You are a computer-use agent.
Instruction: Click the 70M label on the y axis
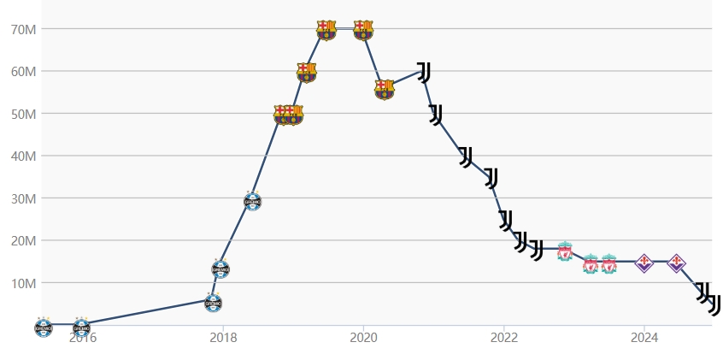tap(23, 29)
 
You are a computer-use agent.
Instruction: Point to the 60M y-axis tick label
tap(23, 71)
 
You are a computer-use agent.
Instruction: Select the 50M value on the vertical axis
tap(23, 114)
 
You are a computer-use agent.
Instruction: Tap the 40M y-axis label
tap(23, 156)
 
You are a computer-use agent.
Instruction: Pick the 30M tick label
tap(23, 198)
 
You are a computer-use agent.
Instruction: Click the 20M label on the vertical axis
tap(23, 240)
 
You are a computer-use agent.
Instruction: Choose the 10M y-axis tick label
tap(23, 283)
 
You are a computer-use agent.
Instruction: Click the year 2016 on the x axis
tap(83, 336)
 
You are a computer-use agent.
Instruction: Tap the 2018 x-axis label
tap(223, 336)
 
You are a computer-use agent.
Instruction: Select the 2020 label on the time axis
tap(363, 336)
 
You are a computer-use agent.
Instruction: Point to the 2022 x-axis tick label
tap(503, 336)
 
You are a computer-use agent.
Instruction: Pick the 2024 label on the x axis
tap(644, 336)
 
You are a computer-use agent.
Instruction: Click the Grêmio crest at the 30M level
tap(252, 202)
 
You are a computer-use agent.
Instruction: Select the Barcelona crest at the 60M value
tap(306, 72)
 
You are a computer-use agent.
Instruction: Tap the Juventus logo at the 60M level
tap(423, 72)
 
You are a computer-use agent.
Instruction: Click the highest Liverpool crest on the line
tap(564, 251)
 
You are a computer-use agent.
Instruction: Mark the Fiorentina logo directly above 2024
tap(644, 263)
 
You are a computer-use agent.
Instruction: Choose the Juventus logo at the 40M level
tap(466, 156)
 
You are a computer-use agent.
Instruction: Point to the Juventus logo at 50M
tap(436, 115)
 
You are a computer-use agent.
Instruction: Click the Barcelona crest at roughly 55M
tap(385, 89)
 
